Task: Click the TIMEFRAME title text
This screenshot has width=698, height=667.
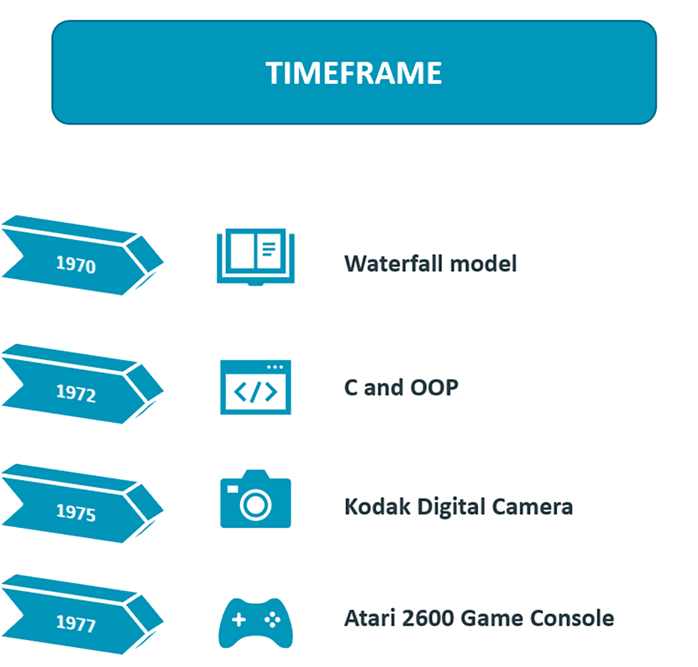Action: click(353, 73)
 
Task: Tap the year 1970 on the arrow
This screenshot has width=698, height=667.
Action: click(76, 265)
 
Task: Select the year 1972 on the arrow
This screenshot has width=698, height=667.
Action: click(76, 393)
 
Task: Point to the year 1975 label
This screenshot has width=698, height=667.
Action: click(76, 512)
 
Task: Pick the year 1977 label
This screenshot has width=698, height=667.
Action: click(76, 623)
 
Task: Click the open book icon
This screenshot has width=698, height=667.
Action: click(255, 257)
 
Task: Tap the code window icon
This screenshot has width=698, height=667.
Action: click(255, 387)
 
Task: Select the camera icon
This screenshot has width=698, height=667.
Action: click(255, 499)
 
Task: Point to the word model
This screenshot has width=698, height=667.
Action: click(483, 264)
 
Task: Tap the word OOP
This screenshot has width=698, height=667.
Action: click(434, 388)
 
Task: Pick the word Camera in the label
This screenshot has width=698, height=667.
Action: click(532, 507)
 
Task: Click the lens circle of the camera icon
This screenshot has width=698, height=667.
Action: click(255, 505)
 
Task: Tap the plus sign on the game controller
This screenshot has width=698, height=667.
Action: click(238, 620)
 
